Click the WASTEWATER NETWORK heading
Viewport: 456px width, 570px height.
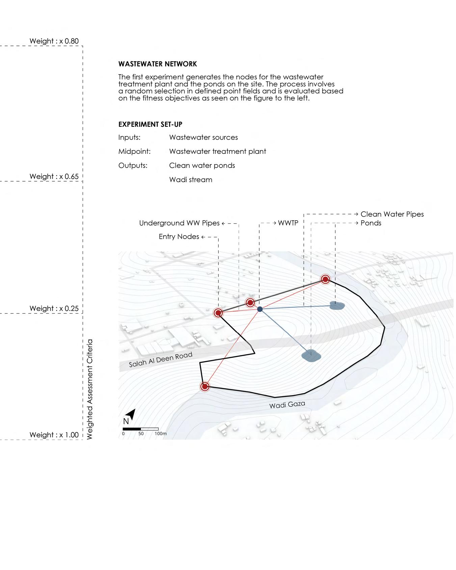158,64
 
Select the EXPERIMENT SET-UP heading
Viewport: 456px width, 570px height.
150,125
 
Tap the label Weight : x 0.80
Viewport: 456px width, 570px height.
54,41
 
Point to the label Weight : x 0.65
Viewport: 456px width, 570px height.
54,177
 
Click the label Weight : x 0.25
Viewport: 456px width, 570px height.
54,308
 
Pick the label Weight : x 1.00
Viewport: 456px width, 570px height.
54,435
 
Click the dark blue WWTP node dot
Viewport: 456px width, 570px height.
260,309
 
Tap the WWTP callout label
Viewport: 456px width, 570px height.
288,223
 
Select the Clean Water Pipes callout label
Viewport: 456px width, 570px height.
392,214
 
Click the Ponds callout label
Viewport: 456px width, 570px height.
371,223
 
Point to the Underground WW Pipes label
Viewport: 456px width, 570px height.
179,223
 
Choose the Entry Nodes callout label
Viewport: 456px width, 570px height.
179,237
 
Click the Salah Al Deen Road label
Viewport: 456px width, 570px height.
161,359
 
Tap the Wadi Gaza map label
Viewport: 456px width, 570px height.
287,404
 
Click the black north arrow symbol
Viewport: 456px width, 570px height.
132,414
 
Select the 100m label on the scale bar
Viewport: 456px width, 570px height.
161,434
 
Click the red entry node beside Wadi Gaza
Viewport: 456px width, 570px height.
205,386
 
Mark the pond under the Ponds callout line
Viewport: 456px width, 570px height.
337,306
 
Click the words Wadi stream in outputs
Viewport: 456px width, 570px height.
191,180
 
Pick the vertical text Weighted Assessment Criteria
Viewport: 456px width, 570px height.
90,389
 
